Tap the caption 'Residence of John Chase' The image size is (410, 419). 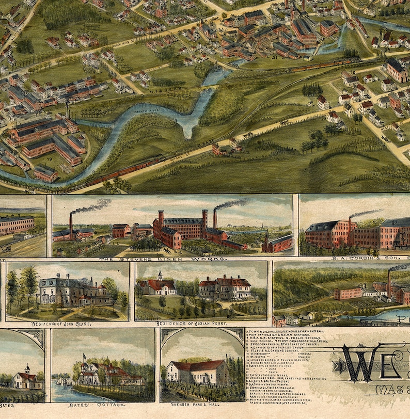[x=69, y=324]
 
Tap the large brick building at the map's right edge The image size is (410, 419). [x=397, y=69]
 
